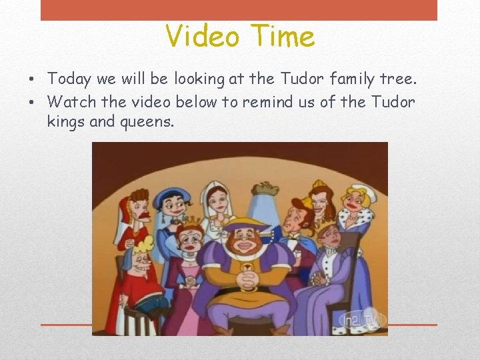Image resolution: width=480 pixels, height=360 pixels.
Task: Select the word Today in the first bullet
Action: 70,79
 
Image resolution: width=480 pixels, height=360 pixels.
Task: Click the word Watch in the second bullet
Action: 71,103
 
